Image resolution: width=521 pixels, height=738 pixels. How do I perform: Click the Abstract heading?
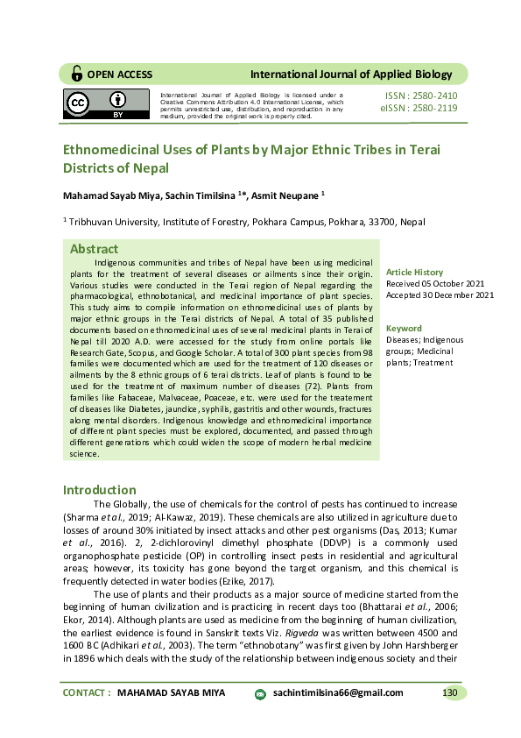coord(94,249)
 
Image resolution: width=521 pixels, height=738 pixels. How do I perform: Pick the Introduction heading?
coord(99,490)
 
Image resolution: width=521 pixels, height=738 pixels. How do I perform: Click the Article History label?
coord(415,273)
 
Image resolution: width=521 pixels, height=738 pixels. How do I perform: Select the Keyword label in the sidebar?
coord(404,329)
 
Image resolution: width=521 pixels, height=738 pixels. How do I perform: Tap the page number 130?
coord(450,692)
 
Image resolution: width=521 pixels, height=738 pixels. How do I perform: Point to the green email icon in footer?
coord(260,693)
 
